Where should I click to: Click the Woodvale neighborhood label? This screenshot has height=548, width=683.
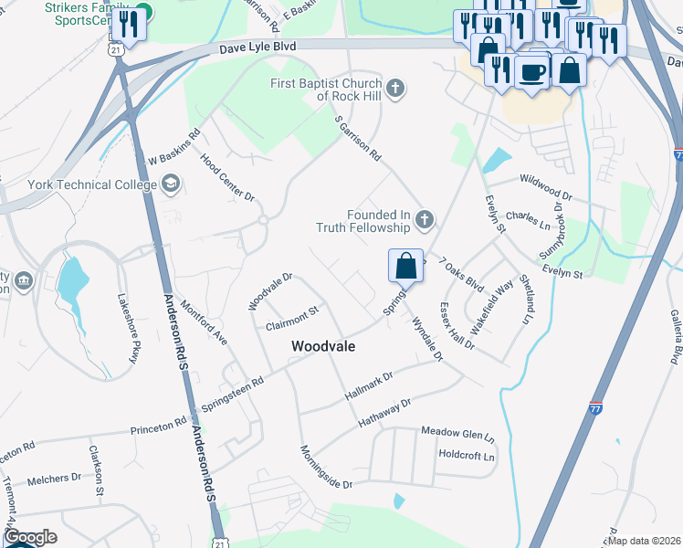322,347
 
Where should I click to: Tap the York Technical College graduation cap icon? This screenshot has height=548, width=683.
170,184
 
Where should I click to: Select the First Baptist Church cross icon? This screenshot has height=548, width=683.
394,89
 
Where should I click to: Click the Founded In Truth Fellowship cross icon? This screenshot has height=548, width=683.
423,219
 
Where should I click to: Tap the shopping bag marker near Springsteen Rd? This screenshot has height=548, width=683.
405,267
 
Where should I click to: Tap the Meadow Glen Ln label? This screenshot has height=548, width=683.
457,432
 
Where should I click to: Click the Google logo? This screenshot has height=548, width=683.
30,537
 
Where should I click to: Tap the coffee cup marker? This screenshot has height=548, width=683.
531,72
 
